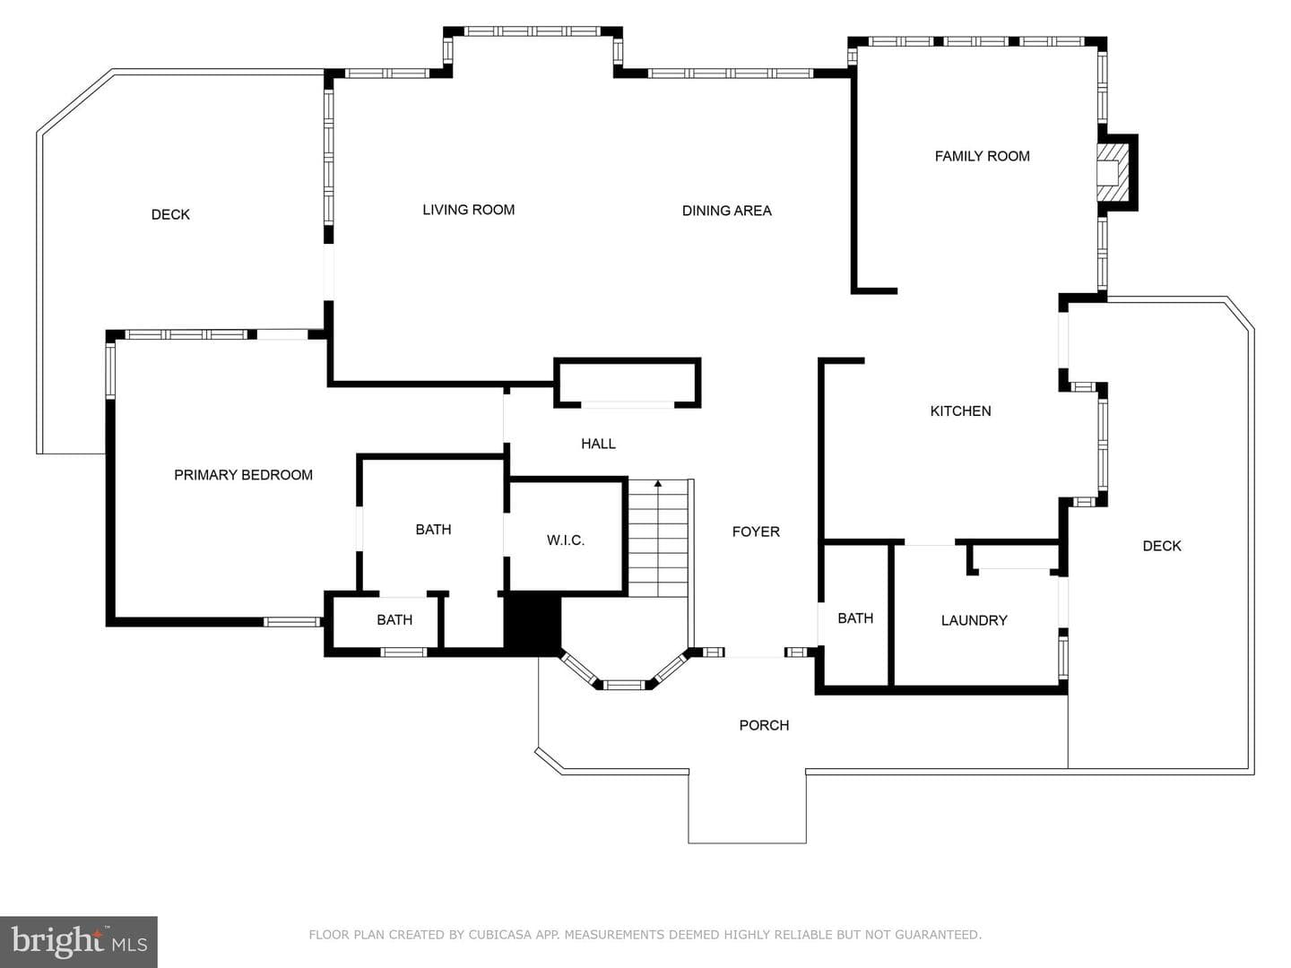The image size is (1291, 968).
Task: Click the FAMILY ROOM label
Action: coord(982,156)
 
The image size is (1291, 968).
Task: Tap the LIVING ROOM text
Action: coord(468,210)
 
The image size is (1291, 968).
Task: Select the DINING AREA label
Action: coord(726,211)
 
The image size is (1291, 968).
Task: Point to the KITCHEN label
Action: coord(960,411)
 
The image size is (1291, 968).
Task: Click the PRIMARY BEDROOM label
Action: coord(244,475)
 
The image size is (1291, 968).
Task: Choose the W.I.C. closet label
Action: coord(565,540)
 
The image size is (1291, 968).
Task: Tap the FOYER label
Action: coord(756,532)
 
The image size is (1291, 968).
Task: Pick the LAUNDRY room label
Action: coord(974,620)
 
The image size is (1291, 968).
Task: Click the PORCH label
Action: coord(764,725)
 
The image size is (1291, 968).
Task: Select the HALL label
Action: coord(598,444)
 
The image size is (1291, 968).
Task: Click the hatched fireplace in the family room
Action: coord(1113,173)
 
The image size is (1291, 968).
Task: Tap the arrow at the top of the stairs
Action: coord(658,484)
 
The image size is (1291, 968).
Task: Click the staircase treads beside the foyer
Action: coord(658,539)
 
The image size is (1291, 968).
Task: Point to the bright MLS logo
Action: coord(79,941)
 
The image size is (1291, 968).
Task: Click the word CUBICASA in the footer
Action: coord(499,935)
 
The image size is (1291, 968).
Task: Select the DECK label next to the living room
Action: coord(170,214)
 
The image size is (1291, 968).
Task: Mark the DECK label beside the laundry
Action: coord(1162,546)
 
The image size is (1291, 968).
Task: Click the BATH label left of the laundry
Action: coord(855,618)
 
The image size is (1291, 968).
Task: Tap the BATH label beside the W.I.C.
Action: coord(433,530)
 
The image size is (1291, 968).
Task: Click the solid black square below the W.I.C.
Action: coord(533,624)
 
